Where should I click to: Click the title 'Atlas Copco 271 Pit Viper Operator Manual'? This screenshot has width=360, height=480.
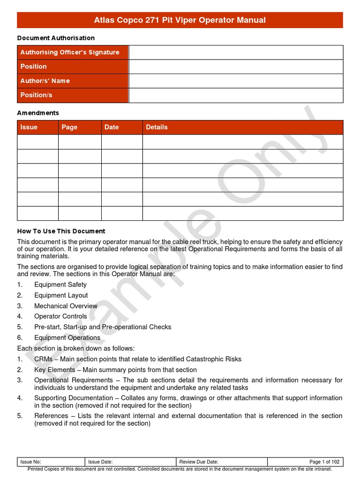tap(180, 20)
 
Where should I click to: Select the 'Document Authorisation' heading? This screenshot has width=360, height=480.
tap(56, 38)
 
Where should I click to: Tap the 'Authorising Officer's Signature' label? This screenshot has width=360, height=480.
tap(70, 52)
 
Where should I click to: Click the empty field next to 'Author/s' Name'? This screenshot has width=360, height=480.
tap(236, 81)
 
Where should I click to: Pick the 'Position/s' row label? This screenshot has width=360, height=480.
tap(37, 95)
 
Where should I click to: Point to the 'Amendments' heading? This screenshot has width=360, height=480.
tap(38, 113)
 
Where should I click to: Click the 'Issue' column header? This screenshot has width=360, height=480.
tap(29, 127)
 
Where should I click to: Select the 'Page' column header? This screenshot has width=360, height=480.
tap(69, 127)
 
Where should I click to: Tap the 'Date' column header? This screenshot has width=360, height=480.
tap(112, 127)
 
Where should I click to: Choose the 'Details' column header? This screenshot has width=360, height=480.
tap(157, 127)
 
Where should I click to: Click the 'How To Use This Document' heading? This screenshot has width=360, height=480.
tap(61, 231)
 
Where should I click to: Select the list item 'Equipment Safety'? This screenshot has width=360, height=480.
tap(60, 285)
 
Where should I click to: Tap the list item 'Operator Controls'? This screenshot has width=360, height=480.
tap(60, 316)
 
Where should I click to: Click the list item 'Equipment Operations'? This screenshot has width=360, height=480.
tap(67, 337)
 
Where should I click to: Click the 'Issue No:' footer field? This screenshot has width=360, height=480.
tap(31, 462)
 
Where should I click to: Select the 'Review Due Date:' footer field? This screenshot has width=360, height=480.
tap(199, 462)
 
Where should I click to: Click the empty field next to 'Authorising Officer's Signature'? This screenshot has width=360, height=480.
tap(236, 52)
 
